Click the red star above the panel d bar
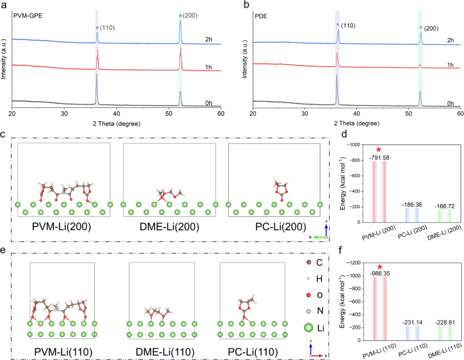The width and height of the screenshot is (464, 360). point(379,149)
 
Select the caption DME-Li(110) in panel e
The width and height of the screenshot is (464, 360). point(167,351)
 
